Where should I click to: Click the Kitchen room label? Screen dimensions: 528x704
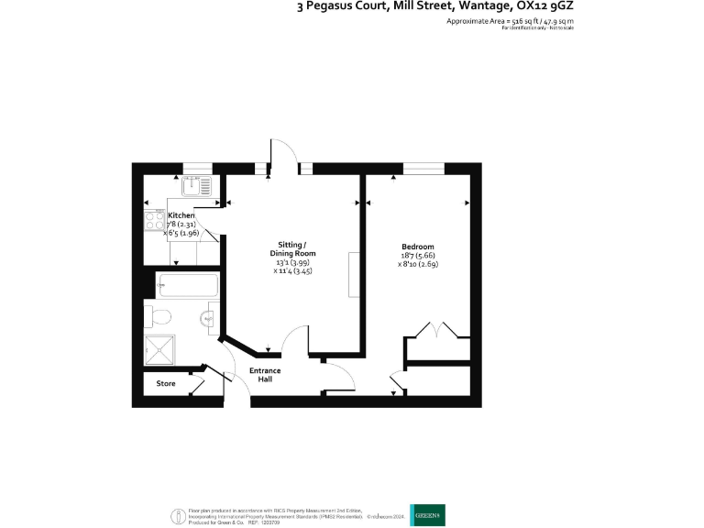click(181, 215)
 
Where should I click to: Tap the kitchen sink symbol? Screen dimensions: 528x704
click(196, 187)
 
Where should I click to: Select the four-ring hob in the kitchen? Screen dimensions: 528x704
click(152, 222)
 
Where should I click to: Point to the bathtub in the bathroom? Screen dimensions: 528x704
click(188, 286)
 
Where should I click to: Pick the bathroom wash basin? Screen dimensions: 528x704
click(208, 319)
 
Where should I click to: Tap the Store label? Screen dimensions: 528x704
click(165, 383)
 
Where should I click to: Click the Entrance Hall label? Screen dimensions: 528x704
click(266, 375)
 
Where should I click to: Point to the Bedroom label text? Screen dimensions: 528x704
click(417, 247)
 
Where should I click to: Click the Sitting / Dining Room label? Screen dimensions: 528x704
click(292, 248)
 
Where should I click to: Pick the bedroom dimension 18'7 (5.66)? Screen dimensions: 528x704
click(418, 256)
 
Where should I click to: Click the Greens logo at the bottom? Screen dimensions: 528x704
click(427, 515)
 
